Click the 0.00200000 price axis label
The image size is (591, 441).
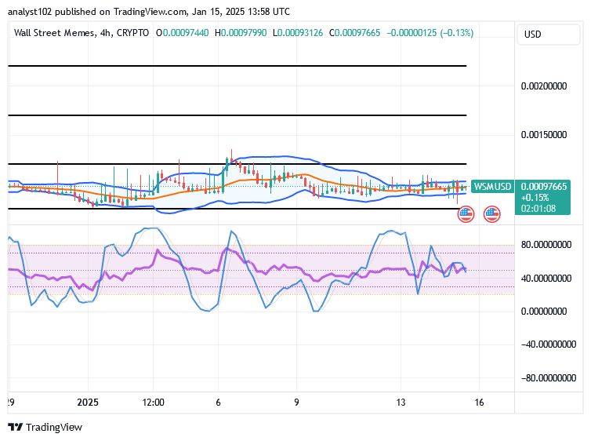click(x=543, y=86)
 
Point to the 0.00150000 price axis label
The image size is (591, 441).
click(x=543, y=135)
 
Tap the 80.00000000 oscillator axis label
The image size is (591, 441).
click(x=546, y=245)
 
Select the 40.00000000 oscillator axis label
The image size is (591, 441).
click(x=546, y=279)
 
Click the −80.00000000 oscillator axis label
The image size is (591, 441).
click(x=549, y=378)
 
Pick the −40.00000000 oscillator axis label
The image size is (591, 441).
click(x=549, y=344)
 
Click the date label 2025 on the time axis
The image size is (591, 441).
click(x=88, y=403)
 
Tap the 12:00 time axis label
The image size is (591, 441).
click(x=153, y=403)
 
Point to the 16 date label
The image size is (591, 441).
click(x=479, y=403)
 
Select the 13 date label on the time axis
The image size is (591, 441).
click(x=401, y=403)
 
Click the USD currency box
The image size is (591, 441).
click(x=549, y=35)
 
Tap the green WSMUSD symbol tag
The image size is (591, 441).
click(x=492, y=186)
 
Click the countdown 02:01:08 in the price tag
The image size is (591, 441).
click(x=538, y=209)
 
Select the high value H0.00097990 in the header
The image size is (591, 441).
click(x=241, y=33)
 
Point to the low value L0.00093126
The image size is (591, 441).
click(x=298, y=33)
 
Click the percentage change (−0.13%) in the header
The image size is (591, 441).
click(x=456, y=33)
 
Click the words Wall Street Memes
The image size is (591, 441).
click(x=55, y=33)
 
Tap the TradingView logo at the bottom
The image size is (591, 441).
click(x=45, y=428)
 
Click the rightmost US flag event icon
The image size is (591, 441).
click(x=492, y=214)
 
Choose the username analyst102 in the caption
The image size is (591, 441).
click(x=30, y=12)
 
